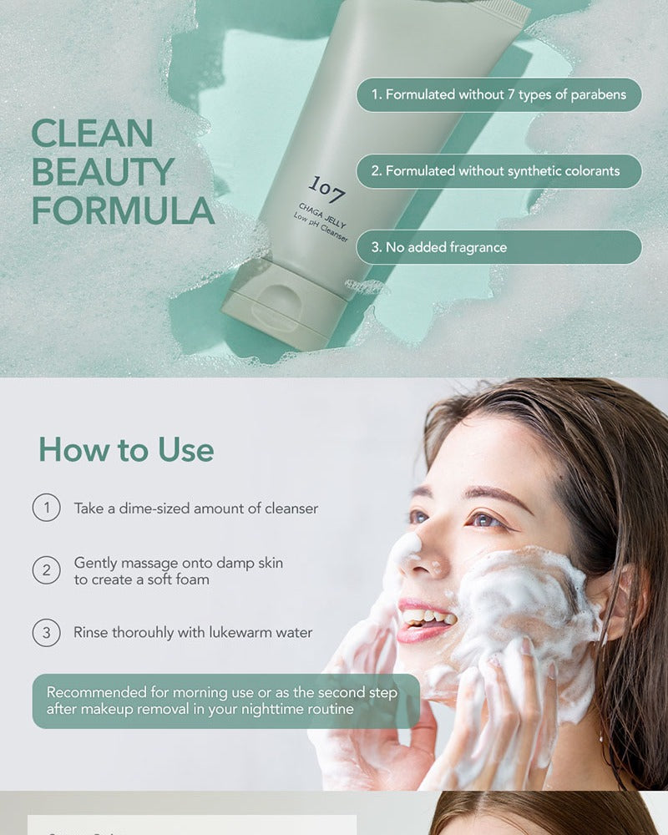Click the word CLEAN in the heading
(93, 133)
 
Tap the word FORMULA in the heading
(123, 211)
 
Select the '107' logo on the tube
(327, 190)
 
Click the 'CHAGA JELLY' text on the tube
(322, 215)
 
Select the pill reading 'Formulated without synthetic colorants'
(498, 171)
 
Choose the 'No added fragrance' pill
(498, 247)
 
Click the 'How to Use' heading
(126, 450)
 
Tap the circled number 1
(47, 508)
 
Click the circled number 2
(47, 570)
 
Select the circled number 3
(47, 633)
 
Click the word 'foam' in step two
(192, 579)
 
